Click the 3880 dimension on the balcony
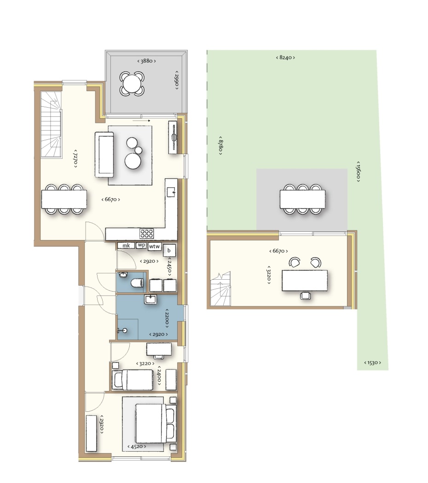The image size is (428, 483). click(x=146, y=61)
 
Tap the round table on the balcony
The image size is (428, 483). click(x=132, y=83)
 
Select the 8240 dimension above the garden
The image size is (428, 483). click(x=285, y=57)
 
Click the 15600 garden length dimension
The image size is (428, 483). click(x=359, y=171)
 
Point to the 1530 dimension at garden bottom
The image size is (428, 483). click(x=372, y=362)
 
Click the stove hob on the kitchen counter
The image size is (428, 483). click(x=147, y=234)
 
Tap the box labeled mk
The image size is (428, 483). click(x=126, y=246)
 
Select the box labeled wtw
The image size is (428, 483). click(x=154, y=246)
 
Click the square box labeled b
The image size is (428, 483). click(x=169, y=250)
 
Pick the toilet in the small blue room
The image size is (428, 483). click(x=137, y=282)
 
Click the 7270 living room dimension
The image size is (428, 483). click(x=75, y=159)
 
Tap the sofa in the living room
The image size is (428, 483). click(x=104, y=155)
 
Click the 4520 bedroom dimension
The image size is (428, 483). click(x=137, y=446)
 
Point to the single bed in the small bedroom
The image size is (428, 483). click(x=133, y=379)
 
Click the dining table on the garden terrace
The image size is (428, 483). click(x=302, y=199)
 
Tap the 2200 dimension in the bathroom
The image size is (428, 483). click(x=167, y=318)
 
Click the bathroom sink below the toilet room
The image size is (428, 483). click(x=150, y=299)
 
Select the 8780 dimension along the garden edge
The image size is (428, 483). click(x=220, y=145)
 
